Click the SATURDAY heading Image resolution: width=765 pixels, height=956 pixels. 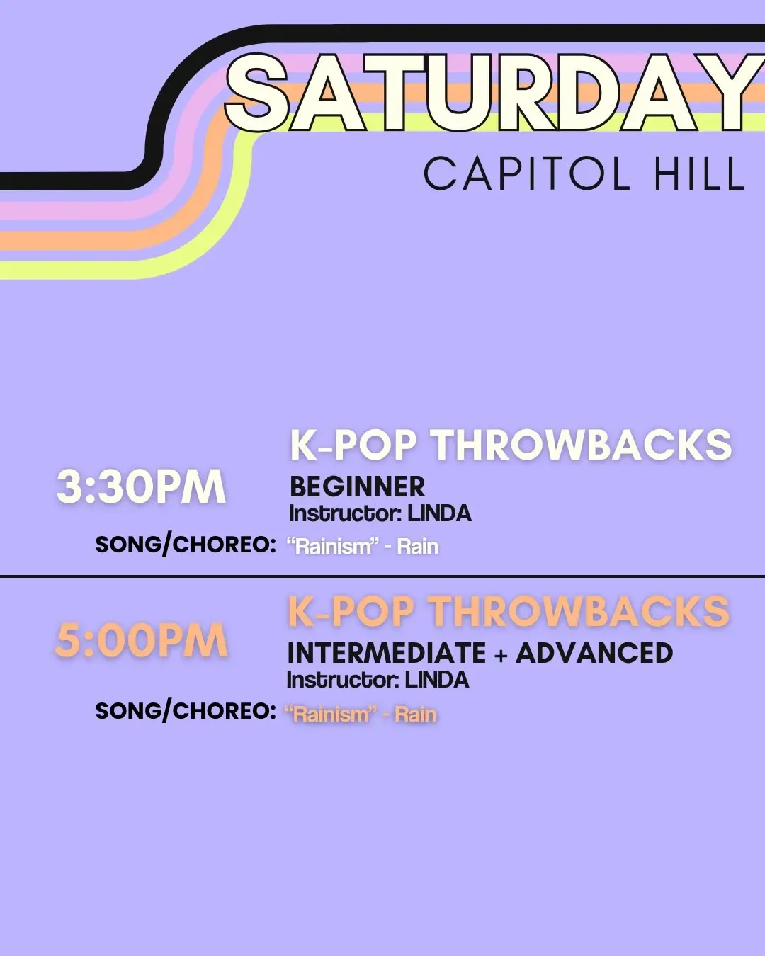pyautogui.click(x=494, y=93)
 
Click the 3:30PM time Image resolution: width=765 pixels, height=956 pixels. pyautogui.click(x=142, y=486)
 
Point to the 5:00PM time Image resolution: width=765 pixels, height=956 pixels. pyautogui.click(x=142, y=641)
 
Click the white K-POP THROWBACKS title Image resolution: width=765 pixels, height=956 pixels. pyautogui.click(x=511, y=445)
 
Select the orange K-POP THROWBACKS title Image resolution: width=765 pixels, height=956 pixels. pyautogui.click(x=509, y=611)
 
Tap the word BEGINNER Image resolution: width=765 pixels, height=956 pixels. pyautogui.click(x=358, y=486)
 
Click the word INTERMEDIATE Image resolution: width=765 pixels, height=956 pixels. pyautogui.click(x=387, y=653)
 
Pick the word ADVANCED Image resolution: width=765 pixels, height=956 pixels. pyautogui.click(x=594, y=653)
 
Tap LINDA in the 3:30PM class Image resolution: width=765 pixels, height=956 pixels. pyautogui.click(x=439, y=513)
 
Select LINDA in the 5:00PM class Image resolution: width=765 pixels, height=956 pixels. pyautogui.click(x=437, y=680)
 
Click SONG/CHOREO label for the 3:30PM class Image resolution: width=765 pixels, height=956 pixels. pyautogui.click(x=186, y=545)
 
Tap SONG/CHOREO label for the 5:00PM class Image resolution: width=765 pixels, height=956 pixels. pyautogui.click(x=186, y=711)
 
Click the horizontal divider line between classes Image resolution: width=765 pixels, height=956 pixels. pyautogui.click(x=382, y=576)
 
